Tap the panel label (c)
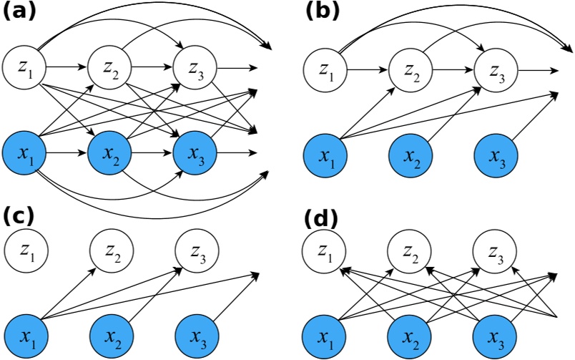(19, 218)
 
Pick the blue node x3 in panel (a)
(196, 153)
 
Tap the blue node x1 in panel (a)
(23, 153)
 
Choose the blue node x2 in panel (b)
(411, 157)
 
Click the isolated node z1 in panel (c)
(23, 252)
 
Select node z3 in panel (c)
(196, 252)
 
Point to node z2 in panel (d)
(411, 252)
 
